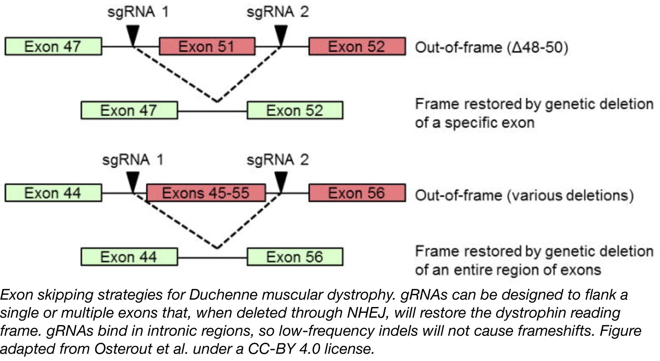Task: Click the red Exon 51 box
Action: click(207, 46)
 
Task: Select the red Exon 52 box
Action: click(357, 46)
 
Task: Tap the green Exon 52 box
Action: click(295, 110)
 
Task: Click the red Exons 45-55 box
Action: click(206, 193)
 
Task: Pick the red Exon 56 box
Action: click(357, 193)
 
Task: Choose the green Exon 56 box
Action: click(295, 257)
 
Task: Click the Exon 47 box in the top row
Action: click(53, 46)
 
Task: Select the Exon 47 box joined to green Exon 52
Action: click(129, 110)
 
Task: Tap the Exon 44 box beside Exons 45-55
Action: click(53, 193)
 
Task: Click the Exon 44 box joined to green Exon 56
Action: click(129, 257)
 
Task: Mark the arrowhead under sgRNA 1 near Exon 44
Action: click(132, 182)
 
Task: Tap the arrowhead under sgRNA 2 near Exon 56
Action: click(281, 182)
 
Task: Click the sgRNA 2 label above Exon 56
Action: click(277, 160)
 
